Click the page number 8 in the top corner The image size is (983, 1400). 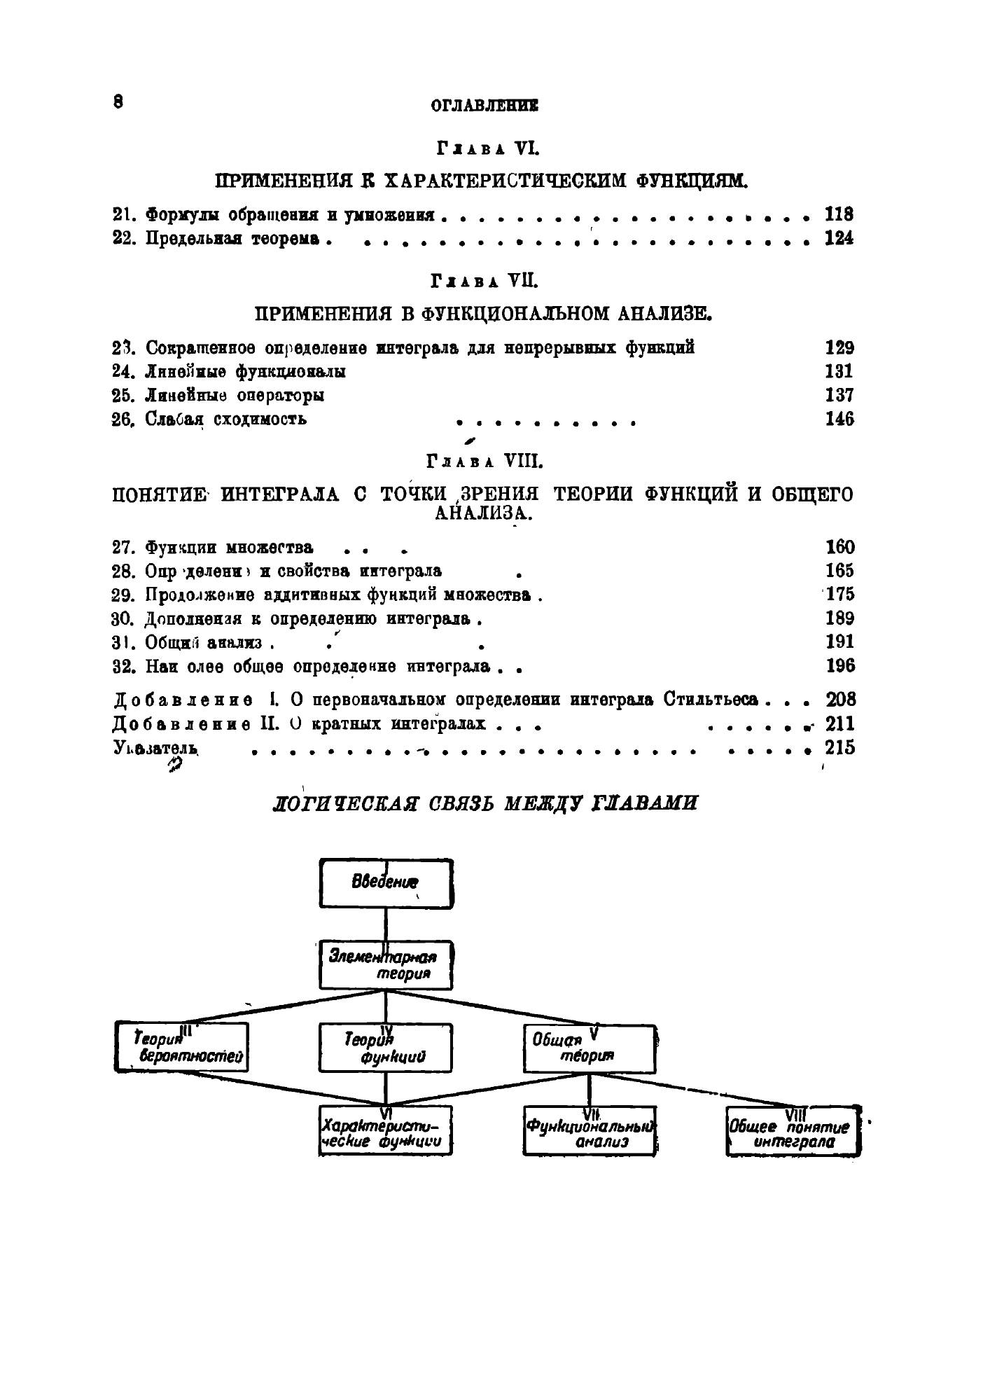pyautogui.click(x=118, y=102)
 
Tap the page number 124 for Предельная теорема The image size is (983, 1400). pyautogui.click(x=839, y=239)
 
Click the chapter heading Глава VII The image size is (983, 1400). pyautogui.click(x=484, y=282)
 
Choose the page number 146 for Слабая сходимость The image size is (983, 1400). pyautogui.click(x=839, y=420)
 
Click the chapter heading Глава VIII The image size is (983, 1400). pyautogui.click(x=484, y=462)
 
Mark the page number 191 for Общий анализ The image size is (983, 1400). pyautogui.click(x=839, y=642)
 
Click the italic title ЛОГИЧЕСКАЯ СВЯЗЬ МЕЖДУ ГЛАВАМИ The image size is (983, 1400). pyautogui.click(x=484, y=803)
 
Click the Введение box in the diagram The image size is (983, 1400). pyautogui.click(x=386, y=883)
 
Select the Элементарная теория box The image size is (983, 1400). pyautogui.click(x=386, y=964)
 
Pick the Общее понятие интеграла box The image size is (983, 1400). pyautogui.click(x=793, y=1130)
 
